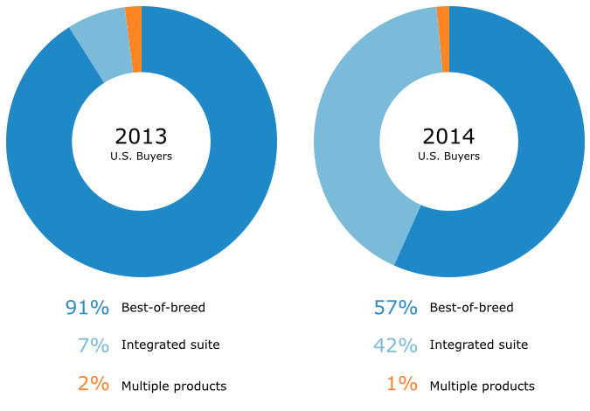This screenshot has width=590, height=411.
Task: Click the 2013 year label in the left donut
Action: click(x=141, y=136)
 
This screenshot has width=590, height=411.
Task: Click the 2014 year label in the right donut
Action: click(x=448, y=136)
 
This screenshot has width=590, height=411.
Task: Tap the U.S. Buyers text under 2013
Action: click(x=141, y=157)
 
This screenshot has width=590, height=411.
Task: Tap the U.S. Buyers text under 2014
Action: click(x=448, y=157)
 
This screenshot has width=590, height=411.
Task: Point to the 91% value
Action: click(x=87, y=308)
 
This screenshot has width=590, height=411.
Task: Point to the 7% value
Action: click(x=94, y=345)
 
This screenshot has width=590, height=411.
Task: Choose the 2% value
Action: click(x=94, y=385)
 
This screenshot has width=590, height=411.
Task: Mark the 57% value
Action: click(x=395, y=308)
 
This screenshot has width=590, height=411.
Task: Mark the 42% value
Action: click(x=395, y=345)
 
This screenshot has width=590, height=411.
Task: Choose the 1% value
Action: click(x=401, y=385)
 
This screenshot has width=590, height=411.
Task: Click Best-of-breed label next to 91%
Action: click(x=163, y=308)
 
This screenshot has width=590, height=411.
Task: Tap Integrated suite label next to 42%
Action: click(x=478, y=345)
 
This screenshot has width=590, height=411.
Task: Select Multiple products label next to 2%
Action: click(x=174, y=386)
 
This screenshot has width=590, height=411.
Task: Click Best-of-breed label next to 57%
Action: click(x=471, y=308)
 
